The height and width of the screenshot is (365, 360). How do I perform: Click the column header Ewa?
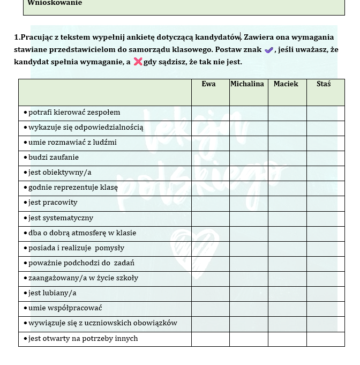pos(209,84)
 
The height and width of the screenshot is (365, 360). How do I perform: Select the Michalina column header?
pos(247,84)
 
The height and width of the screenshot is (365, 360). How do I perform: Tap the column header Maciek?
pos(286,84)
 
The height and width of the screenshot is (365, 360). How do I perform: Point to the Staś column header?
pos(324,84)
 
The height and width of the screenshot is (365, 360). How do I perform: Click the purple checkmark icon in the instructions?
pos(269,50)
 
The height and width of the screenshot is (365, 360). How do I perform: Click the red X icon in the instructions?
pos(138,62)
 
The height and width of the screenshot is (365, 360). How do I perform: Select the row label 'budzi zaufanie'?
pos(54,158)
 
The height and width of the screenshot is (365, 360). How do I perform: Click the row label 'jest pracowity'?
pos(52,203)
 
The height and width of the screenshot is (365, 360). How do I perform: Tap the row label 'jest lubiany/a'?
pos(52,293)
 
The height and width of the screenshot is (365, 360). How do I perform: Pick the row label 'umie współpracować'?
pos(65,308)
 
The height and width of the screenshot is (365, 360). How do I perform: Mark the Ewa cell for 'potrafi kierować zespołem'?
pos(210,113)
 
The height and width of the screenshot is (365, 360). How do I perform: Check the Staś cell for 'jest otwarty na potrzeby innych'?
pos(325,339)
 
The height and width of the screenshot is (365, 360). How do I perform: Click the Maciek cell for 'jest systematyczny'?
pos(287,218)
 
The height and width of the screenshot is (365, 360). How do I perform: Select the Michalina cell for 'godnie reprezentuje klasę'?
pos(249,188)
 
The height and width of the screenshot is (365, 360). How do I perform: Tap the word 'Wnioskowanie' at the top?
pos(55,3)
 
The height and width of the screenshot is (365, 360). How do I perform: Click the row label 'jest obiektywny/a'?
pos(59,173)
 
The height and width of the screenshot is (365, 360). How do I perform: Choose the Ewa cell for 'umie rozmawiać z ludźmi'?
pos(210,143)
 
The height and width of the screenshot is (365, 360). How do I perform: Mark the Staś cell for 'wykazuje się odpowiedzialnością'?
pos(325,128)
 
